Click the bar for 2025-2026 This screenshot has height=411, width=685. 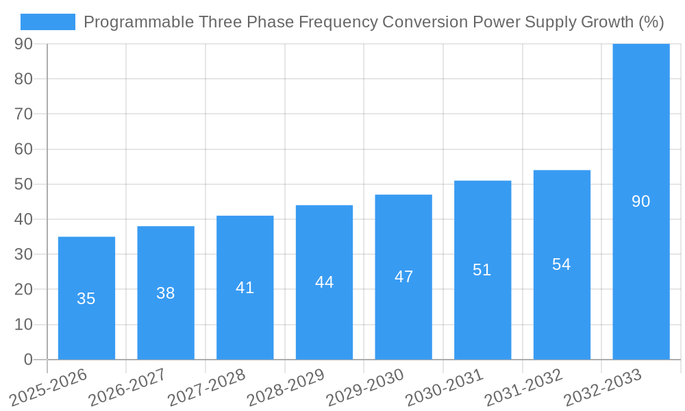pos(86,298)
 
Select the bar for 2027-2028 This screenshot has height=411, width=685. pos(245,288)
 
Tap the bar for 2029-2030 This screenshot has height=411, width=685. pos(403,277)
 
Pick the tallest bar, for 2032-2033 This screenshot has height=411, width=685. pos(640,201)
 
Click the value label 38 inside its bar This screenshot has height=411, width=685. pos(165,293)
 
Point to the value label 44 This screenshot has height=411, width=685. pos(324,282)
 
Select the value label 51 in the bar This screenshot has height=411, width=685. pos(482,270)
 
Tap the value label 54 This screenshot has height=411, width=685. pos(561,264)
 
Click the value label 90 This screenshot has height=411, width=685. pos(640,201)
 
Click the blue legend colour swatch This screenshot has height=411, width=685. pos(47,22)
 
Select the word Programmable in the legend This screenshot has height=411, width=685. pos(138,22)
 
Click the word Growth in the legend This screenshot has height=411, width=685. pos(606,22)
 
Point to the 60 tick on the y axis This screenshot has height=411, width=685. pos(23,149)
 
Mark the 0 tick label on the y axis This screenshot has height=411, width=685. pos(28,360)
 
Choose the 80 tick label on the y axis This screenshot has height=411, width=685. pos(23,79)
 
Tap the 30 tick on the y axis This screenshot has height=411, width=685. pos(23,254)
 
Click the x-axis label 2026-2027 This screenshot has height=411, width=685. pos(127,387)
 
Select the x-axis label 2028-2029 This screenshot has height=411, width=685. pos(286,387)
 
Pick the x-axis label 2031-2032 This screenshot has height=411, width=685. pos(524,387)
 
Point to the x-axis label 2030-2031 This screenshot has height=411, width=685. pos(445,387)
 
